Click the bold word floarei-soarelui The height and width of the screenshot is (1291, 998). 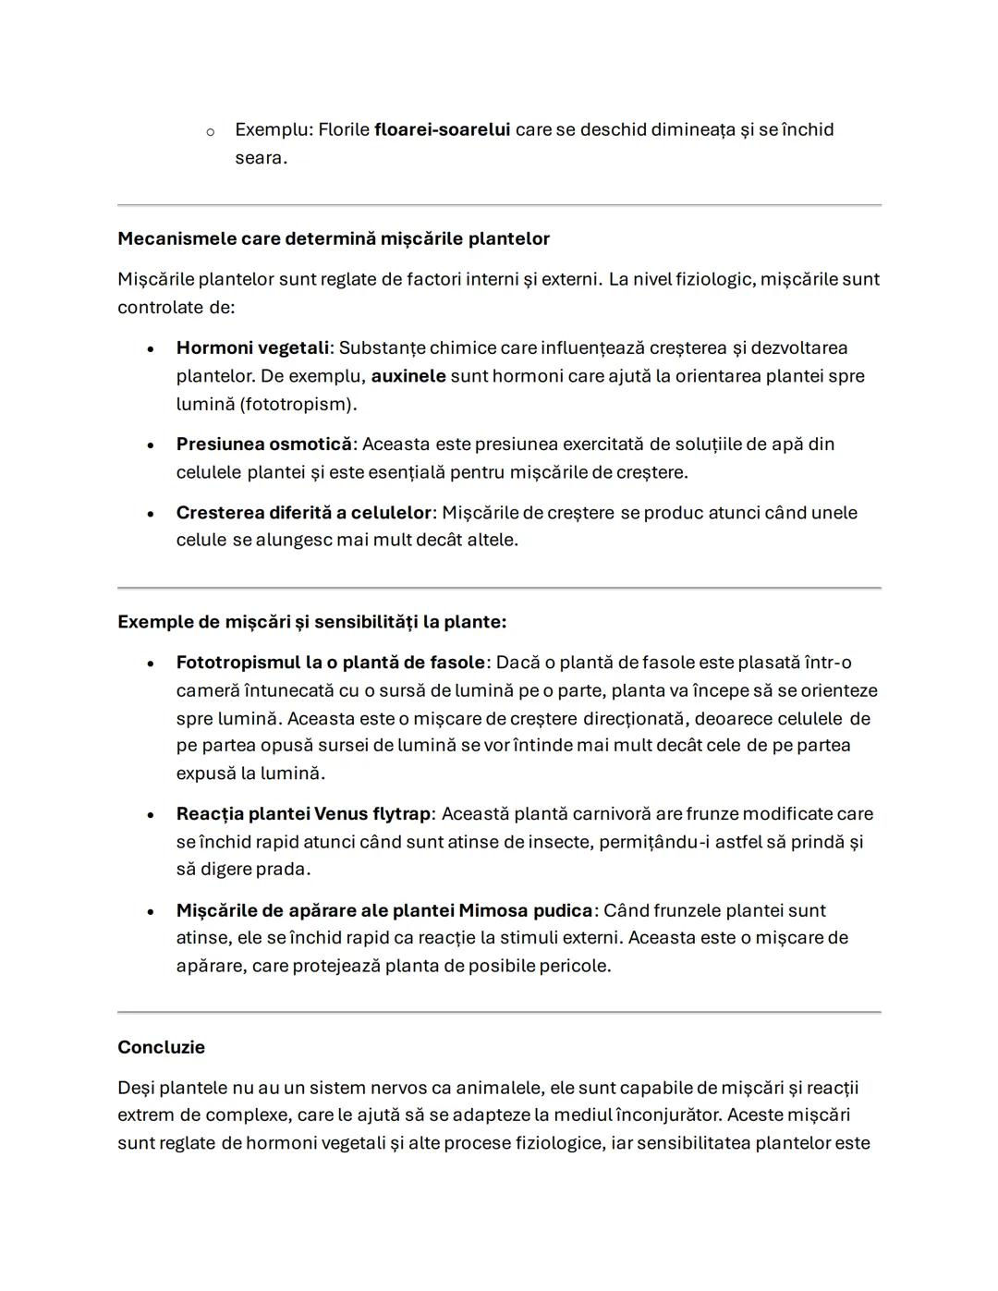[442, 130]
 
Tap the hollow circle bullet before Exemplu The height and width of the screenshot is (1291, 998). [211, 132]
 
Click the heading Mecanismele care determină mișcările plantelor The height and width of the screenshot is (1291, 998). [333, 239]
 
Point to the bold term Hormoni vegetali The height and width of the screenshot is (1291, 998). [252, 348]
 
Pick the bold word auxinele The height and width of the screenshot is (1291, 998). [408, 376]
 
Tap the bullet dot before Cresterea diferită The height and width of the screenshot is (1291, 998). [150, 514]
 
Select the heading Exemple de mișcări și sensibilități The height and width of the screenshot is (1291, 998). [311, 622]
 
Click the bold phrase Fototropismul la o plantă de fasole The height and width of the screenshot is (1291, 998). [330, 663]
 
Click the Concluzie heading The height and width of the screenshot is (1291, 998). [161, 1047]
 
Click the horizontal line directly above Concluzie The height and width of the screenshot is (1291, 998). [499, 1012]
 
